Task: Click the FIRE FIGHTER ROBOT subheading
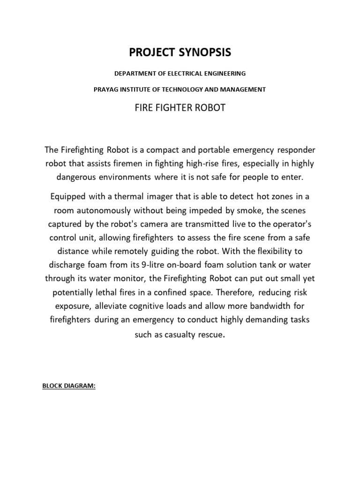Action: point(180,108)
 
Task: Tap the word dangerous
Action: point(77,178)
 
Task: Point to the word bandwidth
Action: point(267,306)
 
